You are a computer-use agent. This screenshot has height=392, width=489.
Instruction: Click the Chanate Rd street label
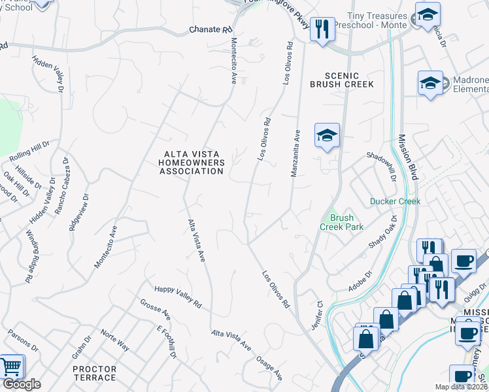click(x=211, y=30)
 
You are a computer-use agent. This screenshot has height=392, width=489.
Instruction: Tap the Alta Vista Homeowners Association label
click(x=193, y=163)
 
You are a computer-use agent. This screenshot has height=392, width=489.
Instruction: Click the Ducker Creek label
click(x=395, y=201)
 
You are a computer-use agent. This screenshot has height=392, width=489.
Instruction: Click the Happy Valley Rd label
click(x=178, y=297)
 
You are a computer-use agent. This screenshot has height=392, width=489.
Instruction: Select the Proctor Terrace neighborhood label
click(x=94, y=374)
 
